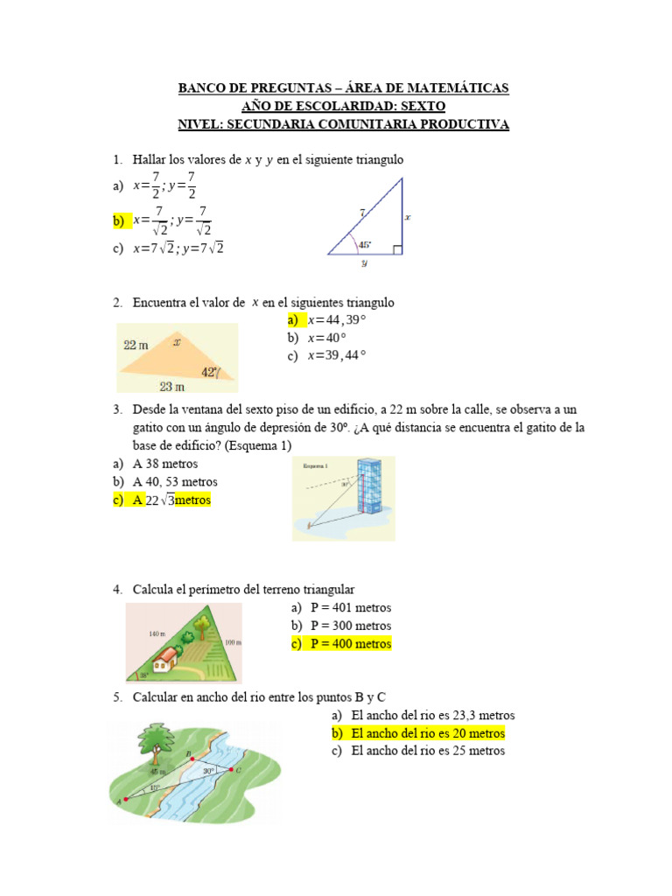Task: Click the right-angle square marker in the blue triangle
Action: pos(397,249)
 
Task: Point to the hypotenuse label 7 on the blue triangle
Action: pos(360,212)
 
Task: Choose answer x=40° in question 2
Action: pos(326,337)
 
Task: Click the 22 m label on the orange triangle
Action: pos(136,346)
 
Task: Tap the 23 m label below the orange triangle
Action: pos(171,386)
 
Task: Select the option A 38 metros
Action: pos(165,464)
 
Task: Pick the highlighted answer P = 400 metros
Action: pos(350,644)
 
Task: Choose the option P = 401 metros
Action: pos(350,607)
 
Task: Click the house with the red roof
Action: pos(167,656)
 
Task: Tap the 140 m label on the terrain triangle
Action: pos(157,633)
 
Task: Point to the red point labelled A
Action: pos(126,799)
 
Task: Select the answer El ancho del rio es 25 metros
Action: pos(427,751)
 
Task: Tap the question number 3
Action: pos(116,409)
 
